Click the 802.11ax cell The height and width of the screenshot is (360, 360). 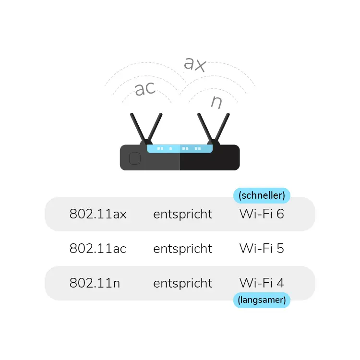coord(98,214)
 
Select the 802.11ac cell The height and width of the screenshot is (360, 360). coord(98,249)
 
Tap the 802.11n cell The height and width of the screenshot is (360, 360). coord(95,283)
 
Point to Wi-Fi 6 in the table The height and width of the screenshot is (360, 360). coord(262,214)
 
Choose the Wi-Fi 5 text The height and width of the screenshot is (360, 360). coord(262,249)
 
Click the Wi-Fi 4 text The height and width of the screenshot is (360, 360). coord(262,283)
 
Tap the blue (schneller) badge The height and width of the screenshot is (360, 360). coord(262,195)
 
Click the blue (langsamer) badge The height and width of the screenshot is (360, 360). coord(262,300)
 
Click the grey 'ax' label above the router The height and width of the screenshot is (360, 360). coord(195,64)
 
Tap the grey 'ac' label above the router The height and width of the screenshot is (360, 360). coord(145,89)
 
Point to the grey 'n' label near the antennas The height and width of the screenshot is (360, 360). coord(217,102)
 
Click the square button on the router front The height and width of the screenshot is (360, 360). coord(135,158)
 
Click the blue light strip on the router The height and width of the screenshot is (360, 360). coord(180,149)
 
